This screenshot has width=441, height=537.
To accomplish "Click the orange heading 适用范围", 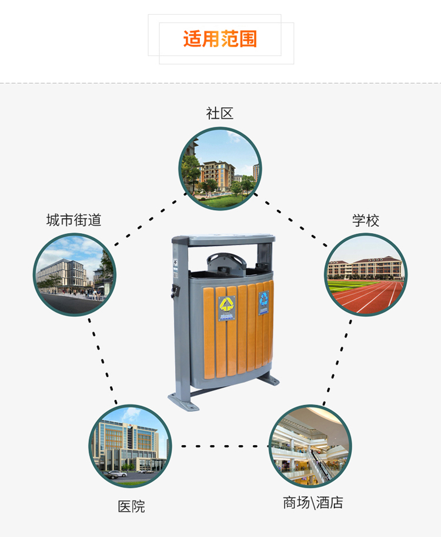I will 220,39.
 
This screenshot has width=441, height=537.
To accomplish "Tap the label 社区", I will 220,114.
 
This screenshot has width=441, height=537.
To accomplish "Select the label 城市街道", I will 74,220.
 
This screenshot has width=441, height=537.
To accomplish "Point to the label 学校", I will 366,221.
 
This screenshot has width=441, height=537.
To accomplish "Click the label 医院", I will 131,506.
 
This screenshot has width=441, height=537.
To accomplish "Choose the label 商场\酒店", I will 312,503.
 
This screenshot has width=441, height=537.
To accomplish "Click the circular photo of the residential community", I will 220,169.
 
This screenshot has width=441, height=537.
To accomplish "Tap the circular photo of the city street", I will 75,275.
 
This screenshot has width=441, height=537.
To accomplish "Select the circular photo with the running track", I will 366,275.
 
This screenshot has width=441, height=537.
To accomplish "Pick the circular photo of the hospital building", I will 130,446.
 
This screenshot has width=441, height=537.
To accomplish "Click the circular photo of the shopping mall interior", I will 310,446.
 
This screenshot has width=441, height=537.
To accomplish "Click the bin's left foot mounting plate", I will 184,403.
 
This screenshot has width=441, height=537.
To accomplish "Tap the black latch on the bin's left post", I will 173,291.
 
